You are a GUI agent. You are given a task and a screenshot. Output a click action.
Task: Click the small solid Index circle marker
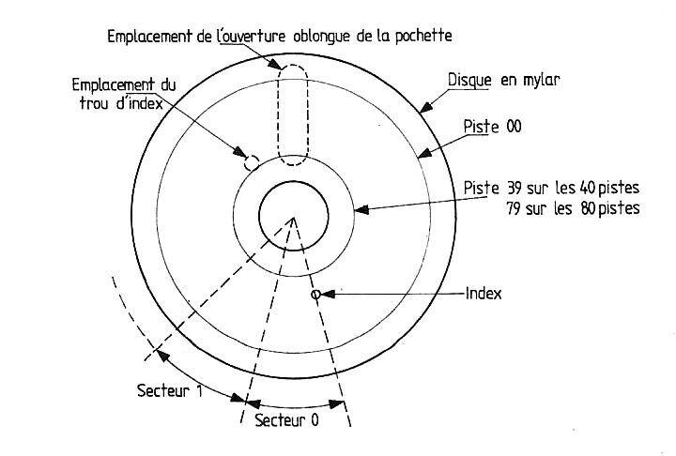pyautogui.click(x=316, y=295)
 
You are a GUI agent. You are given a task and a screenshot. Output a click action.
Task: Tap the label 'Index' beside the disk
pyautogui.click(x=484, y=294)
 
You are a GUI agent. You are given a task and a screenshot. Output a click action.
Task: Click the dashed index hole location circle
pyautogui.click(x=252, y=163)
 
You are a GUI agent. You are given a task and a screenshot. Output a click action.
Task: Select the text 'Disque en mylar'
pyautogui.click(x=504, y=80)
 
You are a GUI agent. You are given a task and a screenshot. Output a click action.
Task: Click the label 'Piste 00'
pyautogui.click(x=492, y=127)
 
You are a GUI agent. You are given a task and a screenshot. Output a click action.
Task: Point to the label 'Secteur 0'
pyautogui.click(x=286, y=420)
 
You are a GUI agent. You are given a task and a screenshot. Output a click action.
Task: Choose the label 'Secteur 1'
pyautogui.click(x=169, y=391)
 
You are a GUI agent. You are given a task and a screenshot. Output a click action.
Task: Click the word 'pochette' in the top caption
pyautogui.click(x=423, y=36)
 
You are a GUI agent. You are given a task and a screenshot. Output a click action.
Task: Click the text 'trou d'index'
pyautogui.click(x=121, y=103)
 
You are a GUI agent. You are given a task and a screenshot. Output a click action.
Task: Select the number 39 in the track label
pyautogui.click(x=515, y=189)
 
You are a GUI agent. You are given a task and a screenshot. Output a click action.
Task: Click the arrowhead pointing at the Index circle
pyautogui.click(x=328, y=295)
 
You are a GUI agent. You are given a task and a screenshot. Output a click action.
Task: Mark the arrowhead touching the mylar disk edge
pyautogui.click(x=426, y=106)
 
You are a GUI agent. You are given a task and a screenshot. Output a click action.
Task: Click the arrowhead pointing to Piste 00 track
pyautogui.click(x=424, y=153)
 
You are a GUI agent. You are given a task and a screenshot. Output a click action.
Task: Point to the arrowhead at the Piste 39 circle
pyautogui.click(x=361, y=210)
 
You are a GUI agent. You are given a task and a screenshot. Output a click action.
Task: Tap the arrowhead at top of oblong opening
pyautogui.click(x=274, y=64)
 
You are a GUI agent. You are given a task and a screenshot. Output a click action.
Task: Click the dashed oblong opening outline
pyautogui.click(x=278, y=116)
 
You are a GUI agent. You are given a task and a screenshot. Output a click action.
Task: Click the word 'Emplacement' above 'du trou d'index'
pyautogui.click(x=114, y=84)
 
